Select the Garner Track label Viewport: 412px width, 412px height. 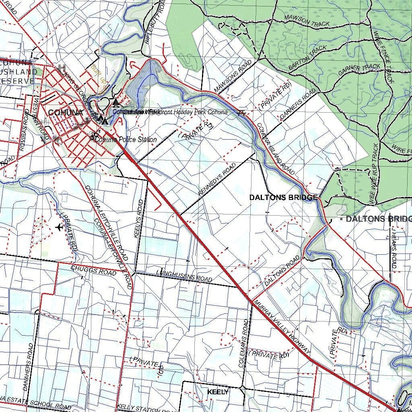[x=359, y=70]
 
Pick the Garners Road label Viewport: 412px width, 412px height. [x=298, y=105]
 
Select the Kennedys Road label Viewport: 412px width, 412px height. [x=217, y=179]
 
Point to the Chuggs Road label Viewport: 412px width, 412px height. [x=93, y=270]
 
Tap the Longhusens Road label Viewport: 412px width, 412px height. [x=184, y=276]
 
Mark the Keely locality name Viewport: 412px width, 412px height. [x=218, y=392]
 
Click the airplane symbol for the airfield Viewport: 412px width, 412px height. [x=60, y=227]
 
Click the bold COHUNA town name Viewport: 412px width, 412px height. [x=65, y=113]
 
